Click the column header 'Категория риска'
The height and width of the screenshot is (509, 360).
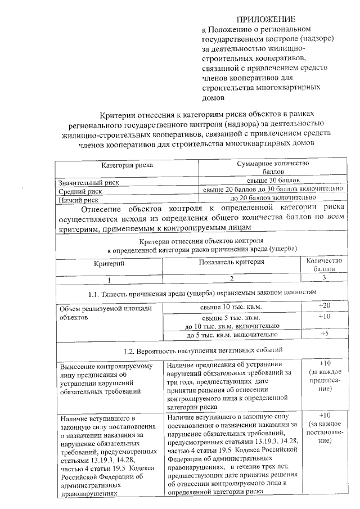[127, 165]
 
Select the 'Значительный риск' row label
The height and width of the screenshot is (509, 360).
[80, 183]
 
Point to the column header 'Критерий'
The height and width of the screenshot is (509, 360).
[109, 263]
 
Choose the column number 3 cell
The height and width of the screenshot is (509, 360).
[323, 278]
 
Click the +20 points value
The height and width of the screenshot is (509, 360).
[323, 305]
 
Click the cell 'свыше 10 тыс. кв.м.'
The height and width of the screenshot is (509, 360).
[231, 307]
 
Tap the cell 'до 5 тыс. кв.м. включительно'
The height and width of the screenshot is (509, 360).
[231, 335]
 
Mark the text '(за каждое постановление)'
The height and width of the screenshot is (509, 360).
[323, 432]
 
